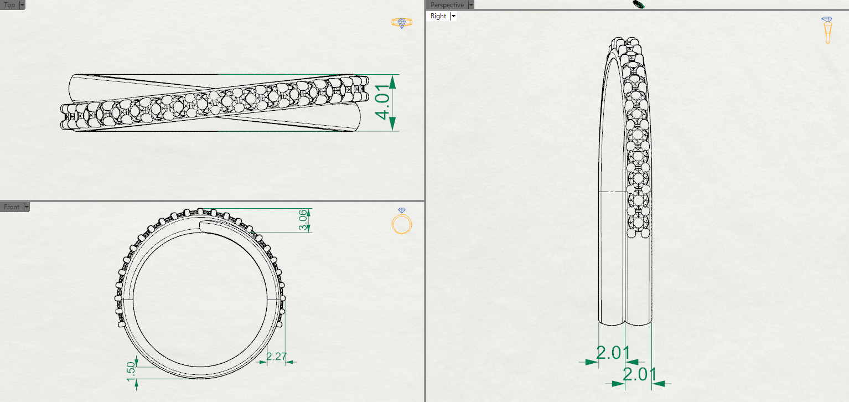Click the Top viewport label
click(x=9, y=5)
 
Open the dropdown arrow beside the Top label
click(x=22, y=5)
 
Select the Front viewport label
click(x=11, y=207)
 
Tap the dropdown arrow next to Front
click(x=26, y=207)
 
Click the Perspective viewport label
click(x=447, y=5)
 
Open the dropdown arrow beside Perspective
click(x=471, y=5)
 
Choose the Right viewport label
click(x=438, y=16)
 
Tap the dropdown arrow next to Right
click(x=453, y=16)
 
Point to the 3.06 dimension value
click(x=302, y=220)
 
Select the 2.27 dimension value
click(x=276, y=356)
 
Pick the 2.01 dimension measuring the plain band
click(x=612, y=353)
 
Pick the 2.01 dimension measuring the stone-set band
click(x=639, y=374)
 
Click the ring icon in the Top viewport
click(x=402, y=23)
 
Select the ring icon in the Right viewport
click(x=827, y=30)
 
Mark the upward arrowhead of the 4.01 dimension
click(x=392, y=81)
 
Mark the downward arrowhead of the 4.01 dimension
click(x=392, y=123)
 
